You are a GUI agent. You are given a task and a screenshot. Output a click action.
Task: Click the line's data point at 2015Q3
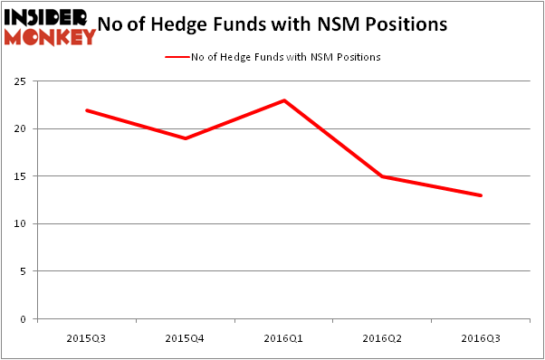(87, 110)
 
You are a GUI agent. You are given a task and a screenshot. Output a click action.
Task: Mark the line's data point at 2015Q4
(186, 138)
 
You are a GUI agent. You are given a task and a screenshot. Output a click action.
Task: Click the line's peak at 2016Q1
(284, 100)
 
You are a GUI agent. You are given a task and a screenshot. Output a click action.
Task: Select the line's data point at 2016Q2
(383, 176)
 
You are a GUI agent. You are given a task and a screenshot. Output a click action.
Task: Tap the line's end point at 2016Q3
(481, 195)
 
